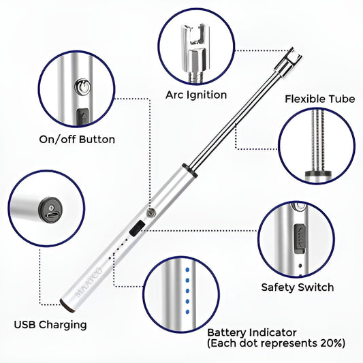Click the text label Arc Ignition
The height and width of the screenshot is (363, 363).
coord(197,95)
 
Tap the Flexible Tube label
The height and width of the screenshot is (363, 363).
coord(319,99)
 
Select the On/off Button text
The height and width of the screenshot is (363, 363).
coord(76,140)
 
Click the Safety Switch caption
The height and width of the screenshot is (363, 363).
coord(298,287)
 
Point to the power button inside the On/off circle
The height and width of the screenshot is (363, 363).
coord(81,87)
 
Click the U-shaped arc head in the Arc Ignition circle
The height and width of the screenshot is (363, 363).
coord(194,37)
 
